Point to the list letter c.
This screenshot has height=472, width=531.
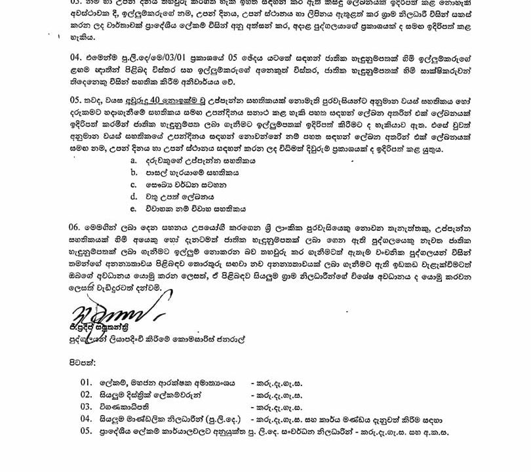tap(134, 184)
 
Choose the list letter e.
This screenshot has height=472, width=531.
tap(134, 208)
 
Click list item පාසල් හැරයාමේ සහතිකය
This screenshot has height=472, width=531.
tap(184, 172)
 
